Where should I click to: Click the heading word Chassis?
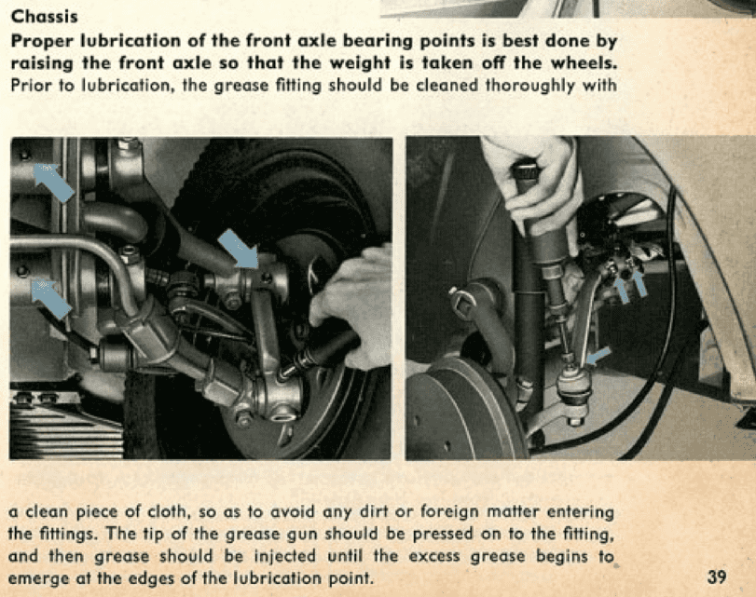click(x=44, y=17)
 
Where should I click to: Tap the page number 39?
click(x=717, y=577)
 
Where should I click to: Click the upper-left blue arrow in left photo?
click(x=53, y=182)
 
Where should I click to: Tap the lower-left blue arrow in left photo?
click(x=51, y=299)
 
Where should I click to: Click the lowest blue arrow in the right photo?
click(x=597, y=356)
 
